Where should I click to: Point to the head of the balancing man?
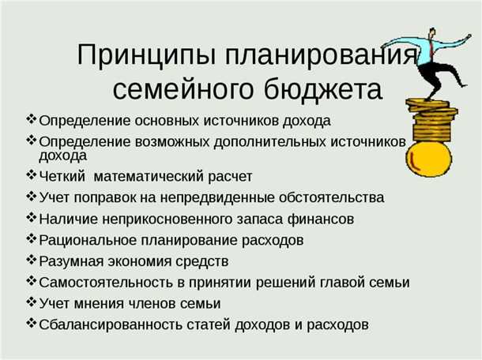point(432,34)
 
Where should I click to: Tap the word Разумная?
point(70,261)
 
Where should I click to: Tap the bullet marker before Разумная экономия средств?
point(31,259)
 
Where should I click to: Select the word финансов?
point(326,218)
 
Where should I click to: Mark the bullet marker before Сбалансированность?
point(31,323)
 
